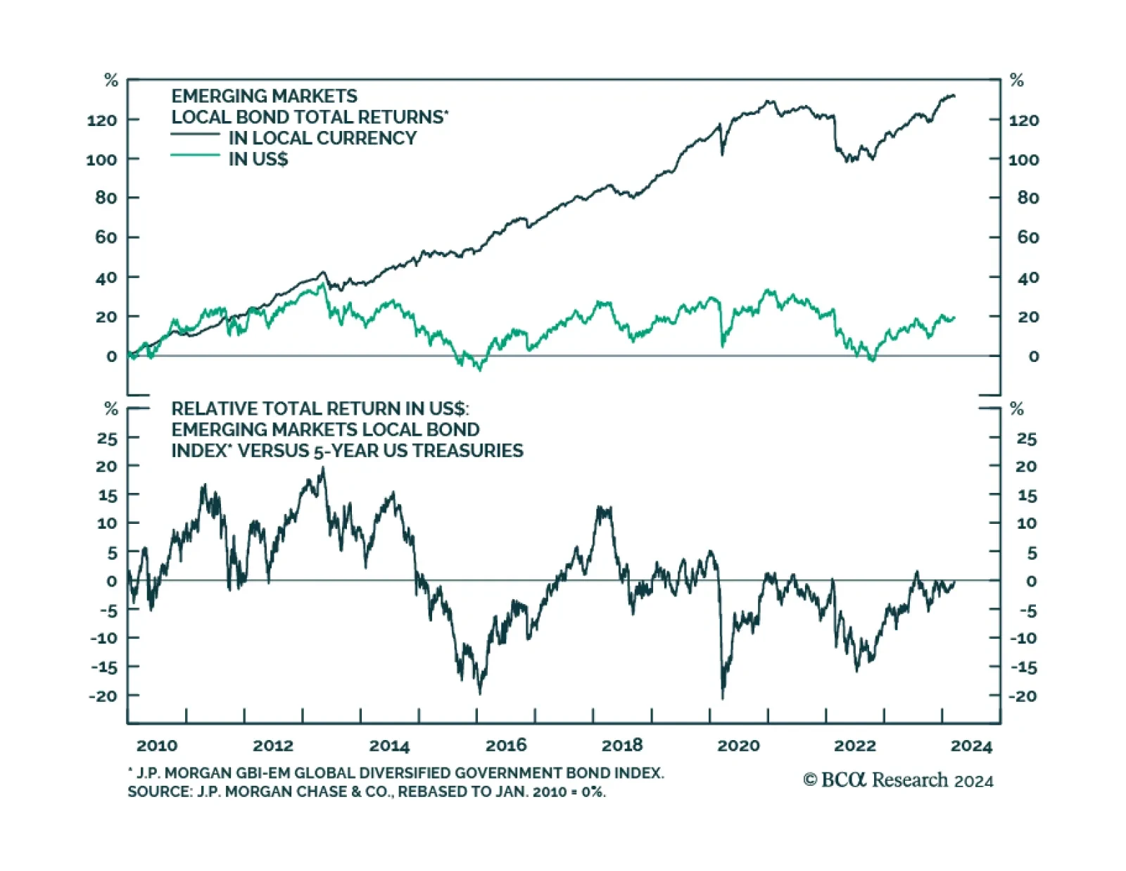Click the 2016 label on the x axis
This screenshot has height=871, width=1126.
click(506, 745)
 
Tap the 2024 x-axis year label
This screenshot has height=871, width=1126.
click(971, 746)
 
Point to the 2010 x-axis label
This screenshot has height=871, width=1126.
click(157, 745)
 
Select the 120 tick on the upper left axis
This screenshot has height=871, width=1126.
click(102, 120)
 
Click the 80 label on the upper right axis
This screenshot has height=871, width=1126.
click(1028, 198)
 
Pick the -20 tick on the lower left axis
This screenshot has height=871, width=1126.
click(103, 696)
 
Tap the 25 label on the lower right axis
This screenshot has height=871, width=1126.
click(1027, 439)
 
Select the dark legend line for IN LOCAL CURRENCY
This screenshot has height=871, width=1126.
click(195, 134)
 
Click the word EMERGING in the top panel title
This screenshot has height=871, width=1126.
click(215, 96)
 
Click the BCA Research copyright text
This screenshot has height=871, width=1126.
click(898, 780)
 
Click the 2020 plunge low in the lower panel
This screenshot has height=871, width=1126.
click(722, 698)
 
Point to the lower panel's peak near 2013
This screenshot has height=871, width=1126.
click(323, 468)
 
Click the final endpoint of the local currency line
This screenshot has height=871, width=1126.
click(954, 96)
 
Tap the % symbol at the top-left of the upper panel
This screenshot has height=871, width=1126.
click(111, 80)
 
